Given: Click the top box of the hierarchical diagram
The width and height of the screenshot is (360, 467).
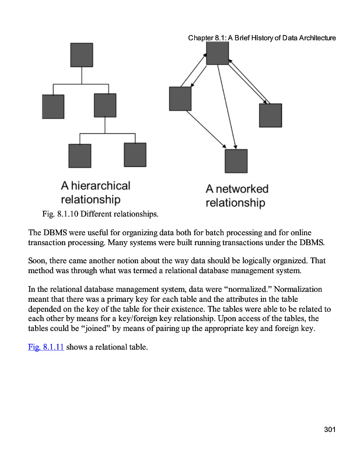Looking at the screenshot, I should [x=82, y=54].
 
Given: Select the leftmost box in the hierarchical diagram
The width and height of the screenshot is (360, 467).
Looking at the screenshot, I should [x=53, y=106].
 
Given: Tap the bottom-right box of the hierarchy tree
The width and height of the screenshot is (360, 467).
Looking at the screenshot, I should [x=135, y=155].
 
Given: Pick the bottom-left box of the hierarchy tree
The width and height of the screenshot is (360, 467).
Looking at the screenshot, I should [x=80, y=155].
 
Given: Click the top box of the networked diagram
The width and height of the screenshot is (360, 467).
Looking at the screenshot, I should [x=217, y=53].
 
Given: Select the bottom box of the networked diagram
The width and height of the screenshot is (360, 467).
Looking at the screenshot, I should [x=236, y=161].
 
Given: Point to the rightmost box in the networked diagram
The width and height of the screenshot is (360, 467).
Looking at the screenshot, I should [x=270, y=115].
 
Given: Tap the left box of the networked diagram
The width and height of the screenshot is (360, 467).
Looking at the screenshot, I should [x=180, y=98].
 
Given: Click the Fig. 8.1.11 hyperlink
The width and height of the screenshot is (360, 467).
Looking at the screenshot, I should [x=46, y=348].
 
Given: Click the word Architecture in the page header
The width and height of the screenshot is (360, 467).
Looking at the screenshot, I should [x=316, y=38].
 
